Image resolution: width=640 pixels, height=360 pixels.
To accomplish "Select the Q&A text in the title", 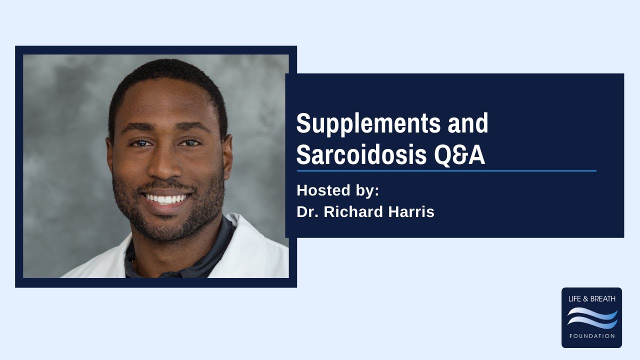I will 459,155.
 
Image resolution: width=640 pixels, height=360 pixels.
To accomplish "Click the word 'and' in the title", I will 467,123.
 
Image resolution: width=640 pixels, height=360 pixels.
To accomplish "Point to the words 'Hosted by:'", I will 338,190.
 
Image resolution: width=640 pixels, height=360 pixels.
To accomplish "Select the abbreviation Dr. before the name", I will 307,212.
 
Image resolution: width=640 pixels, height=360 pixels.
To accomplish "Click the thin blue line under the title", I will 446,171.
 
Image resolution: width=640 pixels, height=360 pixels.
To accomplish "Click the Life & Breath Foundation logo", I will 591,317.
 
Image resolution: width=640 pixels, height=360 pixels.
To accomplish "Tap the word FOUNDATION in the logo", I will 592,336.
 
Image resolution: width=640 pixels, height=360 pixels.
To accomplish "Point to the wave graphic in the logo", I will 592,318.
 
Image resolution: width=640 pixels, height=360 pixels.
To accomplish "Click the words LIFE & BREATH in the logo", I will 592,299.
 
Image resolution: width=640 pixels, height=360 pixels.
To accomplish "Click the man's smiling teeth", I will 166,199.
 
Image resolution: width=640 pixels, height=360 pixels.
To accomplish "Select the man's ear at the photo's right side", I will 227,155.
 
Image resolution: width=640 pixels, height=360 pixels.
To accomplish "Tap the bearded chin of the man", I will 167,227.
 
